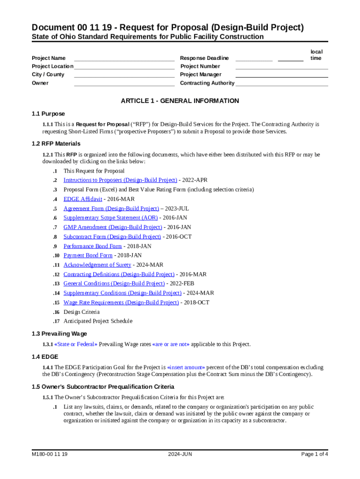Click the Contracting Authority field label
click(207, 83)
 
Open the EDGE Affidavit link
click(83, 199)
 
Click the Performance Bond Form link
click(93, 246)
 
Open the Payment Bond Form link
click(88, 255)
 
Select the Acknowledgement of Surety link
click(97, 265)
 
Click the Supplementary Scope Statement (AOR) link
click(111, 218)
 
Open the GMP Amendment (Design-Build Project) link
click(113, 227)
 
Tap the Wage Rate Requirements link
click(121, 303)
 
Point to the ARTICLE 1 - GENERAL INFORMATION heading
click(180, 101)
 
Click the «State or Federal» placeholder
click(76, 344)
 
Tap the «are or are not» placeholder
click(171, 344)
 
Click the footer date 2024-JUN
click(180, 454)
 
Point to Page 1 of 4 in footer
click(315, 454)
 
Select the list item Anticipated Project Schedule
click(98, 321)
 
